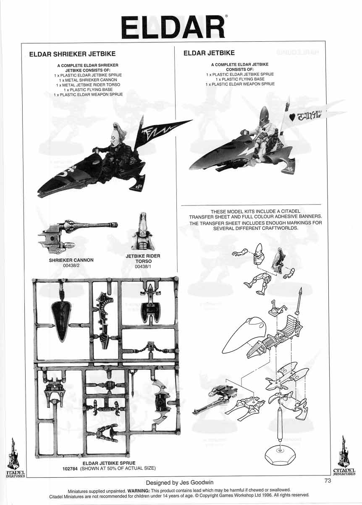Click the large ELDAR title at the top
pos(173,27)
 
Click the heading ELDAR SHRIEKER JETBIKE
pos(72,54)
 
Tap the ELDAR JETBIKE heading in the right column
pos(209,53)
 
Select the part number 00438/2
pos(71,266)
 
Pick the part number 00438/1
pos(143,266)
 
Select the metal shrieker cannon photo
pos(78,236)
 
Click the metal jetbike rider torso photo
pos(142,231)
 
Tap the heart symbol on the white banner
pos(291,118)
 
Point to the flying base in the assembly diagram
pos(280,455)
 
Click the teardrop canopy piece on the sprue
pos(61,320)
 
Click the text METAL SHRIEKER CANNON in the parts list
pos(88,80)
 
